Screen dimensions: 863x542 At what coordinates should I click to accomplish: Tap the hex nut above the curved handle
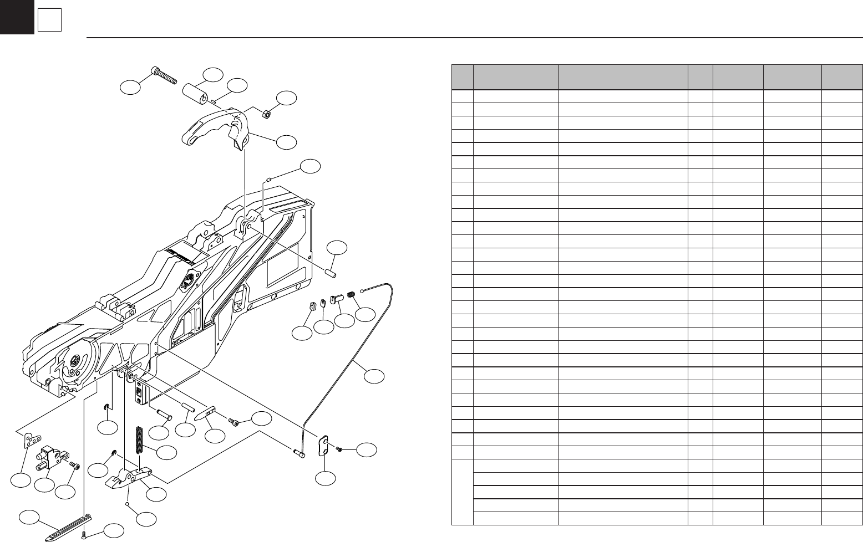(x=265, y=114)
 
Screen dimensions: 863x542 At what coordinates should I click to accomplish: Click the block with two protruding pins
(x=52, y=456)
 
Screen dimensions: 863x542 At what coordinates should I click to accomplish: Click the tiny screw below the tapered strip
(x=84, y=534)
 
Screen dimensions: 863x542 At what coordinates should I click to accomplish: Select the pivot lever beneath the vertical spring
(x=129, y=478)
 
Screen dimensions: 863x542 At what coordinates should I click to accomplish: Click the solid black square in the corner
(x=17, y=17)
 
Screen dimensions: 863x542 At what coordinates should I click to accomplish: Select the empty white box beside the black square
(x=49, y=21)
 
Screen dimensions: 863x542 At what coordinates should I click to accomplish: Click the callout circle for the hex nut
(x=287, y=98)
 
